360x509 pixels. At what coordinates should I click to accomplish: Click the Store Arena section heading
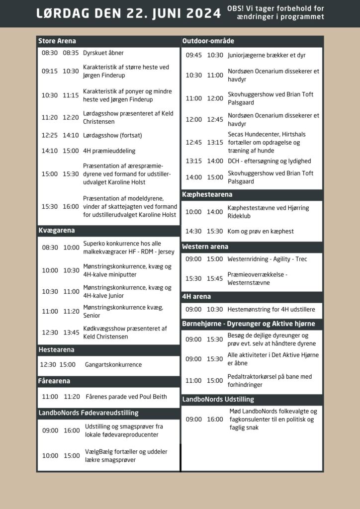pos(57,41)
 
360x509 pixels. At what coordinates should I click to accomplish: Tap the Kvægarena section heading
pos(57,231)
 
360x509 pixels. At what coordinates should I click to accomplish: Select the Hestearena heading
pos(56,350)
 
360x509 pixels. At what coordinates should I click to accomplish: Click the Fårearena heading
pos(54,381)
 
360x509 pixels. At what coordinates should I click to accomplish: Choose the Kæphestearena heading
pos(207,194)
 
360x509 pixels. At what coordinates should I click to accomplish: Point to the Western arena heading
pos(205,247)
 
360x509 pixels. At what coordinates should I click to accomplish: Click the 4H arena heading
pos(196,296)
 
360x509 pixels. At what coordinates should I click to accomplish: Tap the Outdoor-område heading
pos(208,41)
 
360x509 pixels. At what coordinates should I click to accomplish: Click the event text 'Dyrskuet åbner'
pos(103,53)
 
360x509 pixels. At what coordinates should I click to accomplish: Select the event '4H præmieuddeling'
pos(109,151)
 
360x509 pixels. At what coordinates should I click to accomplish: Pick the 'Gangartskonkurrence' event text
pos(113,364)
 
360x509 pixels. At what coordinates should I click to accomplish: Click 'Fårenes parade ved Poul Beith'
pos(126,397)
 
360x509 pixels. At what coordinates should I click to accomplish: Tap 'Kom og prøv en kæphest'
pos(261,231)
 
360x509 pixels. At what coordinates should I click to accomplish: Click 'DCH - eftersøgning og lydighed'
pos(269,161)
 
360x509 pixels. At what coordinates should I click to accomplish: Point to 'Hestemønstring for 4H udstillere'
pos(271,309)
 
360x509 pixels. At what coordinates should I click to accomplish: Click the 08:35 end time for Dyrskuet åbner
pos(71,53)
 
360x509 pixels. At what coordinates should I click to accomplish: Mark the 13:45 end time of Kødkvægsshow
pos(71,333)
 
